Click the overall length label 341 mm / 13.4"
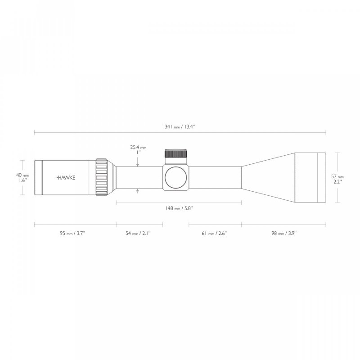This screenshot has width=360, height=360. [180, 127]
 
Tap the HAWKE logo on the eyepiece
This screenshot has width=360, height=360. [66, 177]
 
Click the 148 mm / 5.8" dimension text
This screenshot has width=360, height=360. [179, 208]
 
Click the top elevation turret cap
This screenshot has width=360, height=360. [176, 153]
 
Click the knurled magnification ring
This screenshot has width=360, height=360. [101, 177]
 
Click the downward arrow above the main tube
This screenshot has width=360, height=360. [138, 165]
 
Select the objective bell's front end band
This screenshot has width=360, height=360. [321, 177]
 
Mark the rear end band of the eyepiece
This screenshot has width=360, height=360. [38, 177]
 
